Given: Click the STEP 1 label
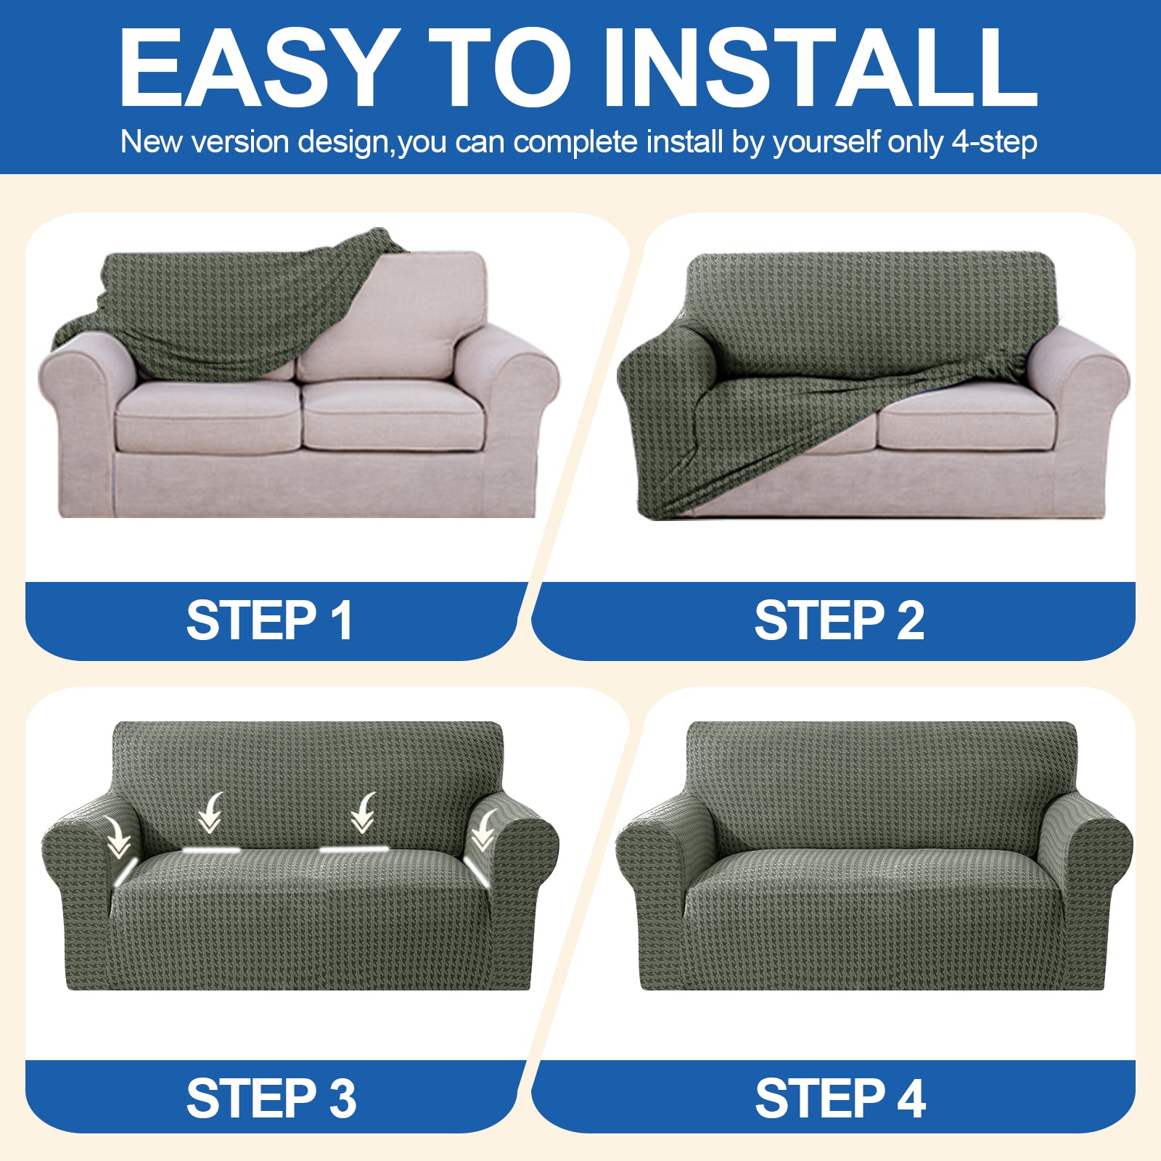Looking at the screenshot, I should [269, 620].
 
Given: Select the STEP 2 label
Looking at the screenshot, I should [839, 620].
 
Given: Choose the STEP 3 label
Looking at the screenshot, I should [271, 1098].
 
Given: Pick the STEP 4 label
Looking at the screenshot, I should [840, 1098].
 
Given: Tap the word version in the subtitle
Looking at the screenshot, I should [240, 141].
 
